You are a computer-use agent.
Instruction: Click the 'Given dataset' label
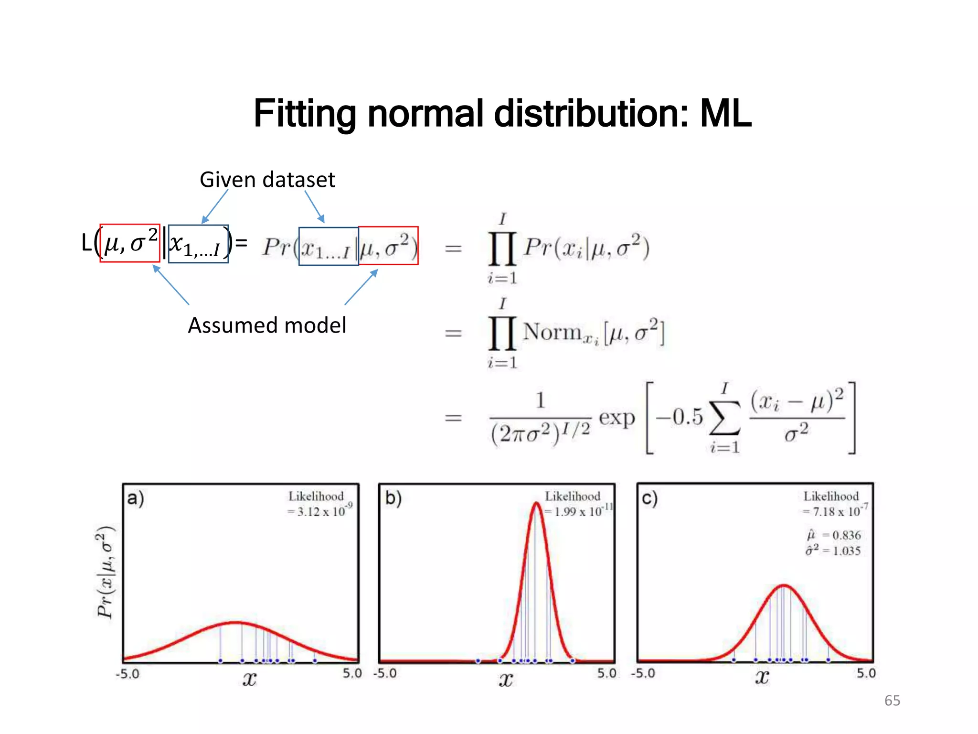(x=267, y=180)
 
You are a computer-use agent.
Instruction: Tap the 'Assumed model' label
(x=267, y=325)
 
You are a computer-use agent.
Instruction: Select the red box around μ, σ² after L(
(x=130, y=243)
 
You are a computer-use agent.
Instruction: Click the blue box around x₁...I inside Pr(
(x=328, y=247)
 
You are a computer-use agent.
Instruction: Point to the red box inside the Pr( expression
(x=388, y=246)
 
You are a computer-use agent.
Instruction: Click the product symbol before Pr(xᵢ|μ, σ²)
(x=502, y=248)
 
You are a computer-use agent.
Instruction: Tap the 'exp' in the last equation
(x=617, y=418)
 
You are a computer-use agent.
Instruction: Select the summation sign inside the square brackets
(x=724, y=418)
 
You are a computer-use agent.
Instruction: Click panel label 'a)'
(x=135, y=498)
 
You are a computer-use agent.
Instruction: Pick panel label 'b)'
(x=393, y=498)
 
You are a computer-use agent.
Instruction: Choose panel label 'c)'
(x=649, y=498)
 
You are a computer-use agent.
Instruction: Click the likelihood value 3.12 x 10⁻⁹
(x=320, y=511)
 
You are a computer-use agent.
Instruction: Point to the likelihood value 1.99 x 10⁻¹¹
(x=578, y=511)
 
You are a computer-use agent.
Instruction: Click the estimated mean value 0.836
(x=846, y=535)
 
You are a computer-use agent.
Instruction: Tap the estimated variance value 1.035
(x=846, y=551)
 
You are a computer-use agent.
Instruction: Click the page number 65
(x=892, y=701)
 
